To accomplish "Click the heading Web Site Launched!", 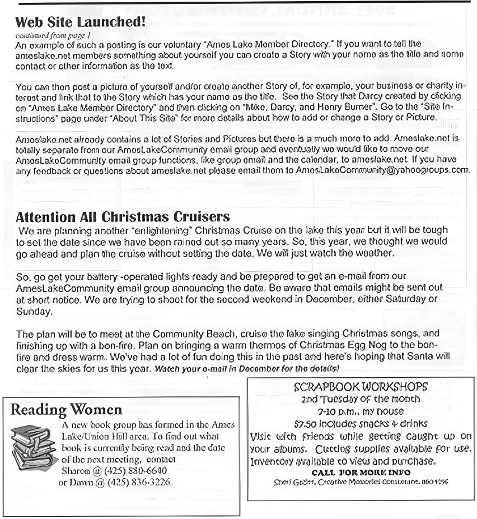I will coord(81,22).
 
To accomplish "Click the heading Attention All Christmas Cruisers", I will coord(123,217).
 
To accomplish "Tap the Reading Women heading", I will coord(66,410).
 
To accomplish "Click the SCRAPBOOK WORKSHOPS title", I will coord(361,387).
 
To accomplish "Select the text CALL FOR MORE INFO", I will coord(361,472).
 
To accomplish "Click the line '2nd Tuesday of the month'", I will coord(361,400).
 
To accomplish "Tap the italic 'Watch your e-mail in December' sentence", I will coord(246,369).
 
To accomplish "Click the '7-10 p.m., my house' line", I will coord(361,412).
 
